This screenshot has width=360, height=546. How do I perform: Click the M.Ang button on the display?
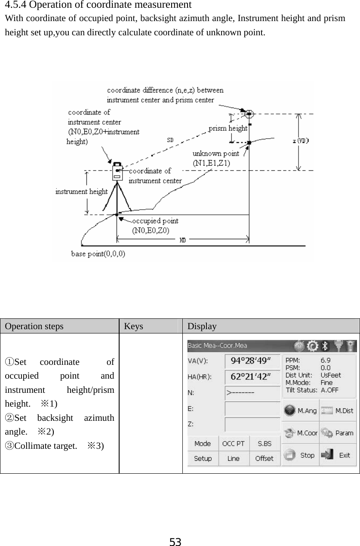(300, 410)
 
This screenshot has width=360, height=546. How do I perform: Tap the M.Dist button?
(338, 410)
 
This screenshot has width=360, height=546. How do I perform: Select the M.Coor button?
(300, 433)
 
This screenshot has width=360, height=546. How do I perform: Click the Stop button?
(300, 455)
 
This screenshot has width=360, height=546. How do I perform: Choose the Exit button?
(338, 455)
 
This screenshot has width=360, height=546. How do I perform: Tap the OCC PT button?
(233, 444)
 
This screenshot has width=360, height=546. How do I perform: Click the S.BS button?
(264, 444)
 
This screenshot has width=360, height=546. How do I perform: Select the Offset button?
(264, 458)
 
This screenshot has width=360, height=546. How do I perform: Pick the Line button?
(233, 458)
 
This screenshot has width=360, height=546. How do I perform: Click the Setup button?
(203, 458)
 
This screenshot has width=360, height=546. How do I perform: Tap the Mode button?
(203, 444)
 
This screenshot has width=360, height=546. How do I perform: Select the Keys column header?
(133, 327)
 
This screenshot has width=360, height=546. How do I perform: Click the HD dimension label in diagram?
(183, 241)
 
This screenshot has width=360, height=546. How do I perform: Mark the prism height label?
(228, 128)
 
